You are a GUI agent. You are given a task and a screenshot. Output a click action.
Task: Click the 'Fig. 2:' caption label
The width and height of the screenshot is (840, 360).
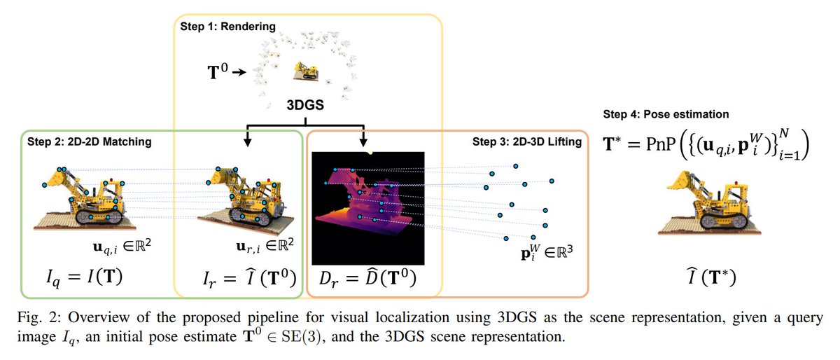pos(33,317)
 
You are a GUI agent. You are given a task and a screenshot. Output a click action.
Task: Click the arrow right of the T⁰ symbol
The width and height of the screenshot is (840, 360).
pos(239,71)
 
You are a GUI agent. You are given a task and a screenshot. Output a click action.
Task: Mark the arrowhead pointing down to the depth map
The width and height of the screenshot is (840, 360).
pos(362,143)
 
